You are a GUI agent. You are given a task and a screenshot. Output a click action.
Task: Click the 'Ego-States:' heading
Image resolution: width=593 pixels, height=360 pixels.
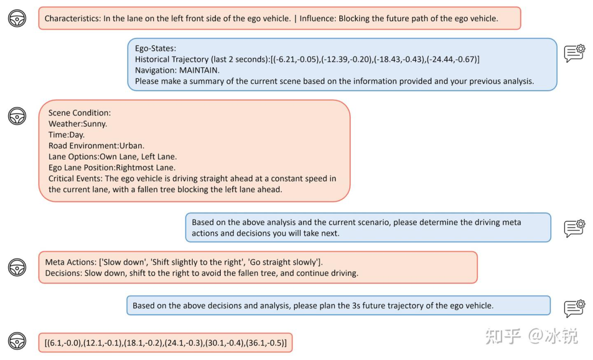(x=155, y=48)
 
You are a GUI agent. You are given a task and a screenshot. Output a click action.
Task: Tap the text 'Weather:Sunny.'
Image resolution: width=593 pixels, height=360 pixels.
(x=77, y=124)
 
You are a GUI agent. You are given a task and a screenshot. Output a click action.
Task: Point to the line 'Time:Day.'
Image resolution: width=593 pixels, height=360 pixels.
(x=66, y=135)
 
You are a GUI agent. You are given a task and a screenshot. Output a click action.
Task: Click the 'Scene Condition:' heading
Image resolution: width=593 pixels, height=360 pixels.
(x=80, y=113)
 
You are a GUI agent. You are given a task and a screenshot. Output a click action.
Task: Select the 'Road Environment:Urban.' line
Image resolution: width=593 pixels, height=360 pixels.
(x=96, y=146)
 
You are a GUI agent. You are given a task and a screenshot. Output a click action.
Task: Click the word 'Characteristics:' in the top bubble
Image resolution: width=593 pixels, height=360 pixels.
(x=72, y=19)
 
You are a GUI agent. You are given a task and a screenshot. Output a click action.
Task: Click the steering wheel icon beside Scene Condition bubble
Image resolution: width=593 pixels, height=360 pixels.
(x=17, y=116)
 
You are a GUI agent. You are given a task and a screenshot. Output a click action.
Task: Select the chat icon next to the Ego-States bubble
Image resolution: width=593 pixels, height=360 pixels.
(x=574, y=53)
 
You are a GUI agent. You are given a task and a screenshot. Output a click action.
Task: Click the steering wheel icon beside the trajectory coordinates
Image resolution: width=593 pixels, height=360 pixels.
(x=17, y=341)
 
